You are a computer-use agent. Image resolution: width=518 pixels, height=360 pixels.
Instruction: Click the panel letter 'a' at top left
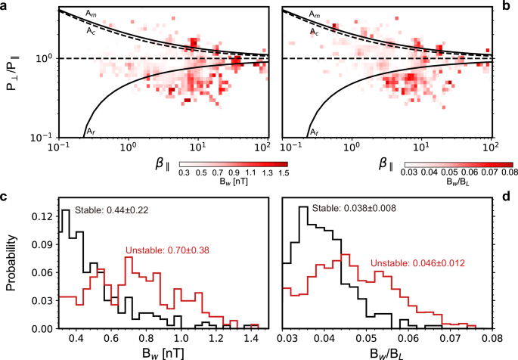click(x=4, y=5)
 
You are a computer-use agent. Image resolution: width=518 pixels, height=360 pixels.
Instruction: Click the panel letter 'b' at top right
click(x=512, y=5)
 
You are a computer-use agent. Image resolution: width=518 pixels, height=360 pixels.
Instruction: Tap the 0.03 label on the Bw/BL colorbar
click(x=408, y=172)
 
